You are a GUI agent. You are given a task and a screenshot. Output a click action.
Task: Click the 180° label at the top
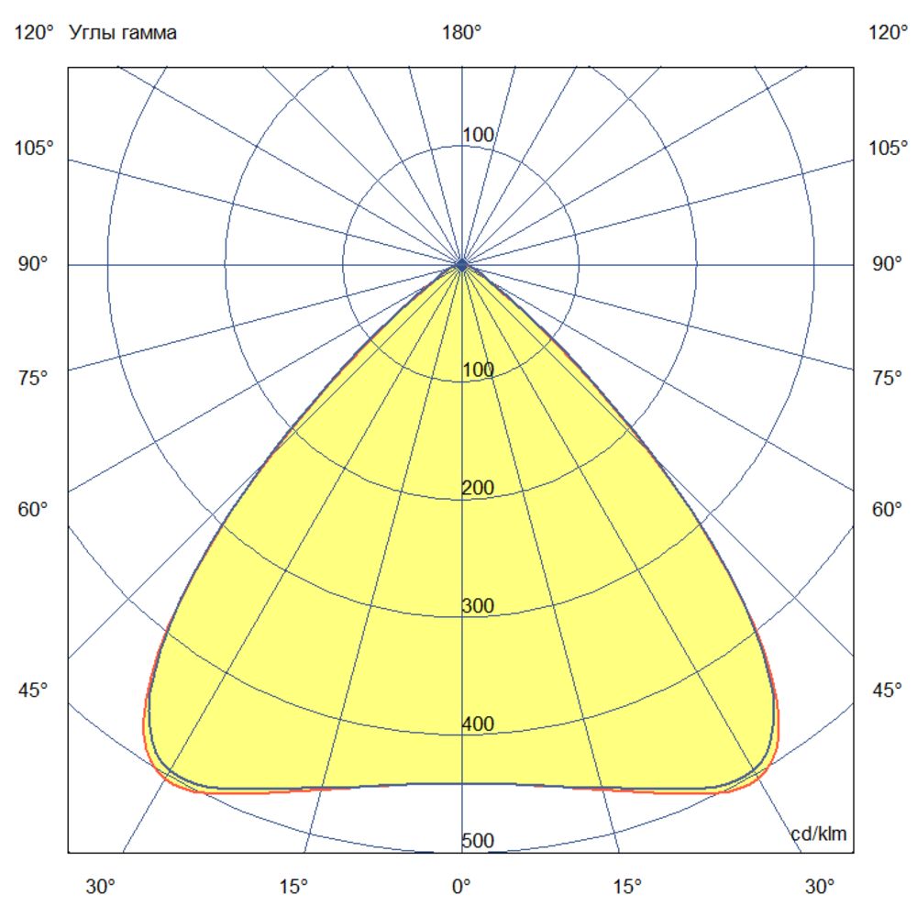(461, 34)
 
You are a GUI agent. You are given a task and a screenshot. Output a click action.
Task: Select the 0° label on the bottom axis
(461, 887)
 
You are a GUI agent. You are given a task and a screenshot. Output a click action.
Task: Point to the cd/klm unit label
(819, 834)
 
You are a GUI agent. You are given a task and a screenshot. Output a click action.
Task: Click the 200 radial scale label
(478, 488)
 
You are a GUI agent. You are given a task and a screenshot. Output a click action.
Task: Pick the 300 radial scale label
(478, 606)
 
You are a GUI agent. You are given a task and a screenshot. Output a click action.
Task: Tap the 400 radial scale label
(478, 724)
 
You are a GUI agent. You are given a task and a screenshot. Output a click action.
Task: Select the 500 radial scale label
(478, 842)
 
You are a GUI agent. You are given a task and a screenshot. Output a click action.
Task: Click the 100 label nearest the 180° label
(478, 136)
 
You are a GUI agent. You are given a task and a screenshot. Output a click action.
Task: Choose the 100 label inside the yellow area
(478, 370)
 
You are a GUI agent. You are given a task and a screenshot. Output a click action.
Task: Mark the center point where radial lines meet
(461, 264)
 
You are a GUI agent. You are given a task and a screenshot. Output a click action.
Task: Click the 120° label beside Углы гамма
(35, 34)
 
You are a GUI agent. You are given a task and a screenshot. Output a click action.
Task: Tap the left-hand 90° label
(35, 264)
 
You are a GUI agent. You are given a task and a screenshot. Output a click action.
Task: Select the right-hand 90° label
(887, 264)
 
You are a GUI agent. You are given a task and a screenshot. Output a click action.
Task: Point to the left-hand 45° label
(35, 691)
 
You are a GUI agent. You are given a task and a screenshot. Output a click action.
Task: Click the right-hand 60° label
(887, 510)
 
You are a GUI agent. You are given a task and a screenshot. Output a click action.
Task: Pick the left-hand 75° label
(35, 378)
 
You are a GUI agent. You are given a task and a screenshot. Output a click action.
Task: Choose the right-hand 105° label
(887, 148)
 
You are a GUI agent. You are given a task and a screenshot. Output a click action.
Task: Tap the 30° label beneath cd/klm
(820, 887)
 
